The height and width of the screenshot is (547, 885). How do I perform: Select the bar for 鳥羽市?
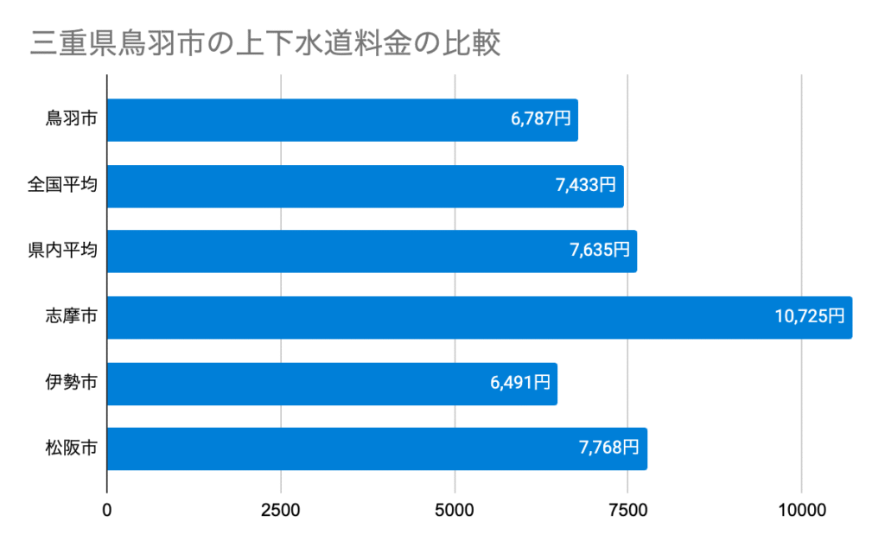(x=341, y=120)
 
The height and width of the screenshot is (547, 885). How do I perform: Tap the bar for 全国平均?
(x=365, y=186)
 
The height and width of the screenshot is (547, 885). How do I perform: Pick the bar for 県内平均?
(x=372, y=251)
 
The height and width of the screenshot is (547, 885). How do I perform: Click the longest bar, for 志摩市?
(x=479, y=317)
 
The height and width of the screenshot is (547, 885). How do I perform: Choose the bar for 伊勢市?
(x=332, y=384)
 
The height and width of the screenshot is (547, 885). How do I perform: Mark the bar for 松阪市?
(x=377, y=449)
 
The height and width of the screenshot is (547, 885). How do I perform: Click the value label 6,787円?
(x=541, y=120)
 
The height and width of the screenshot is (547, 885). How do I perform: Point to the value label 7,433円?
(x=586, y=186)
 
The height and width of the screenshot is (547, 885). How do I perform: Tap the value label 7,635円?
(x=600, y=251)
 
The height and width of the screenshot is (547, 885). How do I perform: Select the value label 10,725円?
(x=810, y=317)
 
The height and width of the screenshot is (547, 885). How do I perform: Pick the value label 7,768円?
(x=609, y=449)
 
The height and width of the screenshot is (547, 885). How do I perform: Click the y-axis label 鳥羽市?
(x=71, y=120)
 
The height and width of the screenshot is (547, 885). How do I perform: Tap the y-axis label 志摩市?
(x=71, y=317)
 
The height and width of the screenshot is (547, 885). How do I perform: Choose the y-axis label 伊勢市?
(x=71, y=384)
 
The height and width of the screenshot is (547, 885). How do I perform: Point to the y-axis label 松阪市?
(x=71, y=449)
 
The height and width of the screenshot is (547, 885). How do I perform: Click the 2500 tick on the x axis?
(x=281, y=510)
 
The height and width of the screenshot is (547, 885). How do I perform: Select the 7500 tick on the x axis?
(x=628, y=510)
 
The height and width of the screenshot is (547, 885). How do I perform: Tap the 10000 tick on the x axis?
(x=801, y=510)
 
